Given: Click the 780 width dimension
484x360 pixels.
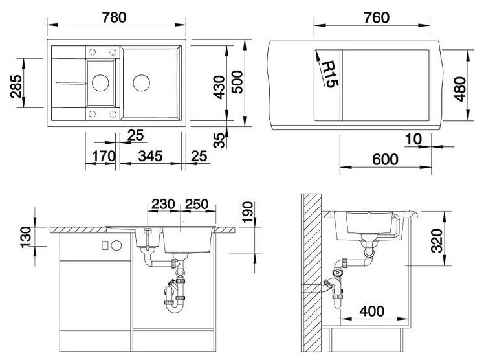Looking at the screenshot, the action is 115,17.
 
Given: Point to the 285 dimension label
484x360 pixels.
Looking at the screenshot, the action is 16,87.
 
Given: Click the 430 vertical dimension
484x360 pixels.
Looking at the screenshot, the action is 219,87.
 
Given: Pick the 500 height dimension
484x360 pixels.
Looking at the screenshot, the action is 237,82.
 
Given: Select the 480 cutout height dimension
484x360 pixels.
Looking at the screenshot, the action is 459,89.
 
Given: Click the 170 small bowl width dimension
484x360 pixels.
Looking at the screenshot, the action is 104,156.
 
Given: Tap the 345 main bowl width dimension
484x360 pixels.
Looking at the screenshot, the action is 150,156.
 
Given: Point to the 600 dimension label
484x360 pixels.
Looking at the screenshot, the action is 385,160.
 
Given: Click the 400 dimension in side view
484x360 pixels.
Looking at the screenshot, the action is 372,311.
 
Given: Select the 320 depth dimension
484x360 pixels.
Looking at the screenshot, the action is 437,240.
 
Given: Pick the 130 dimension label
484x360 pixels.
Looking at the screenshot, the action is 26,237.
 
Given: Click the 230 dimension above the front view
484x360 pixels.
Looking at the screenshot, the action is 163,205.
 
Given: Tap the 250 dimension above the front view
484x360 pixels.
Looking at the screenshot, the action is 196,205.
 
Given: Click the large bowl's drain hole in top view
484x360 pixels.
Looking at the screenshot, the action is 142,83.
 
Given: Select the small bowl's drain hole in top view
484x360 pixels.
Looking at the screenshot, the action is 100,83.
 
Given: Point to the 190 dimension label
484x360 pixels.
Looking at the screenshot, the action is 248,212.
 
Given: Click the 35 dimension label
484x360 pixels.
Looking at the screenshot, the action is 219,141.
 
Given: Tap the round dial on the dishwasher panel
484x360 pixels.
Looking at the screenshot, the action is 116,245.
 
